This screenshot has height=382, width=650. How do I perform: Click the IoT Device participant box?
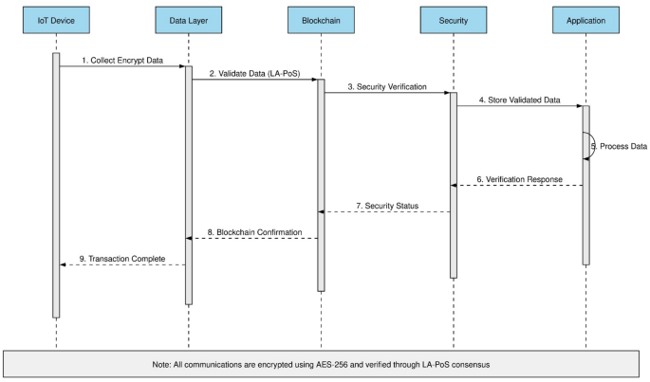(56, 20)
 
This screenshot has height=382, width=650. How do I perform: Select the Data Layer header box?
(188, 20)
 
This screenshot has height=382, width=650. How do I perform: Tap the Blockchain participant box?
(321, 20)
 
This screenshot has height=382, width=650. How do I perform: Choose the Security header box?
(453, 20)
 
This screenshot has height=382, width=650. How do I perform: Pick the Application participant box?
(585, 20)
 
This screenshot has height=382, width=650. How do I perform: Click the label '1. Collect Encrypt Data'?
(121, 60)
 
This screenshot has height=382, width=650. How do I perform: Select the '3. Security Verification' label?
(386, 86)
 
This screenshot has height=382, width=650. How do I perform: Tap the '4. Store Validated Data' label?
(519, 100)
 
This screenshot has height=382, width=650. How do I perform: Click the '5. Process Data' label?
(619, 146)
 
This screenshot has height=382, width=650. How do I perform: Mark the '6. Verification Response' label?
(519, 178)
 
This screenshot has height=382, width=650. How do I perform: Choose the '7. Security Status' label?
(386, 205)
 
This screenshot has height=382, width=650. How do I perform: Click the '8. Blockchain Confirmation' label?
(254, 231)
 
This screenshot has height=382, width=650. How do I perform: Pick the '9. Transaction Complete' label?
(121, 258)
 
